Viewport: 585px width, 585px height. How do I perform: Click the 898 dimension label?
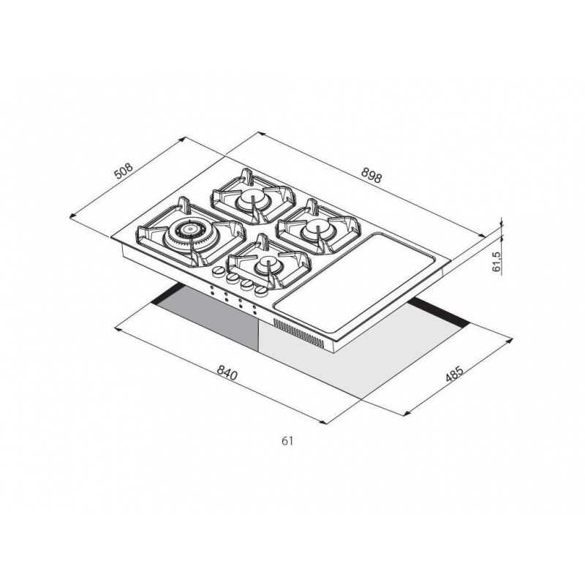(371, 175)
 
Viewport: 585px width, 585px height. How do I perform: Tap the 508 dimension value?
(124, 171)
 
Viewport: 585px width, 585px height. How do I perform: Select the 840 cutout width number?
(227, 373)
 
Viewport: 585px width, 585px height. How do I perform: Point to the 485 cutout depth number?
(454, 374)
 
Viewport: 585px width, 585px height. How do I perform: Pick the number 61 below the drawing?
(287, 441)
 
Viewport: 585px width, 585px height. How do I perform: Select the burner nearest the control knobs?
(268, 265)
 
